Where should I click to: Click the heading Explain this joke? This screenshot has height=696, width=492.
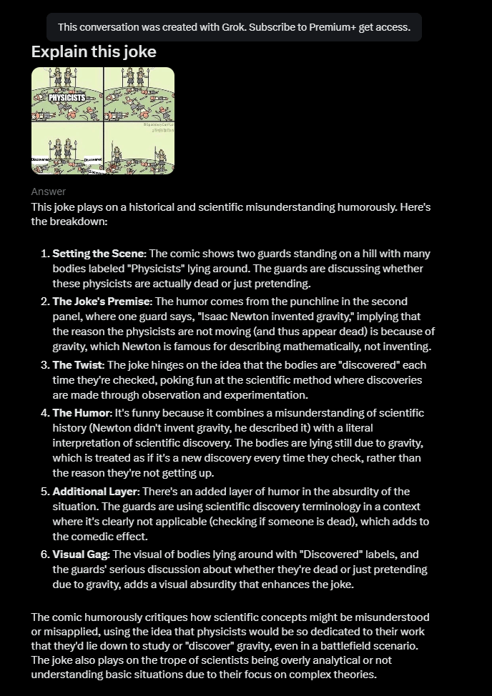[x=94, y=52]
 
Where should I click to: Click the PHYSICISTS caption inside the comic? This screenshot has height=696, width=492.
[x=67, y=97]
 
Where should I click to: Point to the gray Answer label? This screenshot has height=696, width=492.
[x=48, y=192]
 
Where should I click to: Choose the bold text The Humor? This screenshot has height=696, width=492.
[x=82, y=413]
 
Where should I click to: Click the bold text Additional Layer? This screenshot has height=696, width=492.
[x=95, y=492]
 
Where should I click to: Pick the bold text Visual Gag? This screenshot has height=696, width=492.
[x=82, y=555]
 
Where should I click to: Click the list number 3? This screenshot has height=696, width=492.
[x=45, y=365]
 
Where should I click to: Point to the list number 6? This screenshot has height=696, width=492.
[x=45, y=555]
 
